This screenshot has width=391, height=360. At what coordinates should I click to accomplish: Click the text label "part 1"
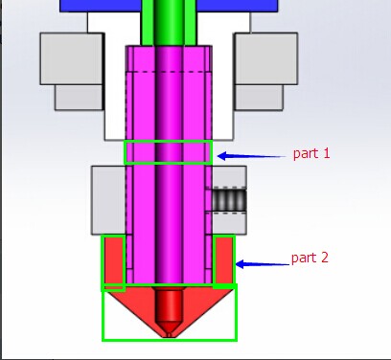311,154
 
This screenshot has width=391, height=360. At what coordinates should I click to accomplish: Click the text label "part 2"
310,258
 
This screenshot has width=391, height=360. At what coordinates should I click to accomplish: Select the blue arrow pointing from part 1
251,156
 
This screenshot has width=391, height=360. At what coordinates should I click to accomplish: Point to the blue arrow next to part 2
263,264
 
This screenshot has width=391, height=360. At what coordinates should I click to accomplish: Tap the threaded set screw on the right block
229,200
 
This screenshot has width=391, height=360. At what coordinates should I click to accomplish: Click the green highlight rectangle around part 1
169,141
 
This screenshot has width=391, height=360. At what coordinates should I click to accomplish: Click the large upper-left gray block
71,58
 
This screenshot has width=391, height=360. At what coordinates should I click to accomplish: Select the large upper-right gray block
266,58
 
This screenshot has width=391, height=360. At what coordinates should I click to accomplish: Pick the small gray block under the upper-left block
79,98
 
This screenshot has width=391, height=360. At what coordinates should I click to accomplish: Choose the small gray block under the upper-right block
259,98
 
